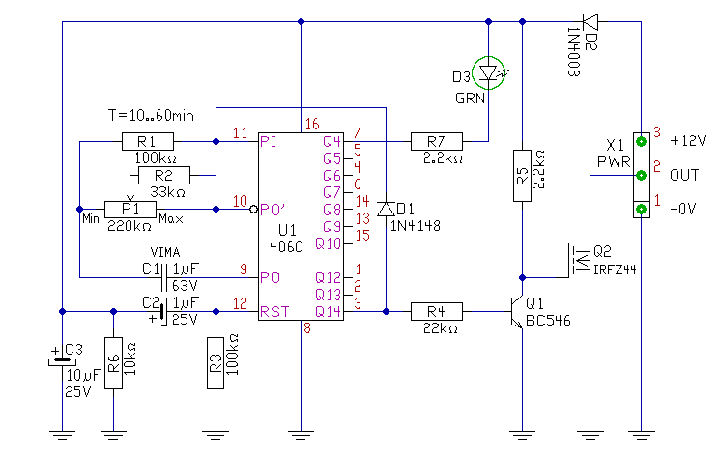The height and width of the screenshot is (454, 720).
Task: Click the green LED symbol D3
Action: click(x=488, y=72)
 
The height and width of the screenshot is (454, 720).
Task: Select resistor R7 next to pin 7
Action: click(x=437, y=141)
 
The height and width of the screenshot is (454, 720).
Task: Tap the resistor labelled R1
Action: click(x=148, y=141)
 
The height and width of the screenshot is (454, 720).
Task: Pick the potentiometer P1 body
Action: click(x=130, y=210)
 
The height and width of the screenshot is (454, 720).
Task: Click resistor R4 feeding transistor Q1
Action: click(x=437, y=312)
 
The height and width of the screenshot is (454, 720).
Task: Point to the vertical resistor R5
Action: click(x=522, y=176)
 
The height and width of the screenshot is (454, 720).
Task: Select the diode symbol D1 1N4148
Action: click(x=386, y=210)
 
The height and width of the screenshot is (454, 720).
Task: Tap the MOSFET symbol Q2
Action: click(x=580, y=261)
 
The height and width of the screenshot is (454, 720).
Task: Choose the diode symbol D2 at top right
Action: click(x=590, y=22)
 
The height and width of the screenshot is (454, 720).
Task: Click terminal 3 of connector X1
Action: click(x=641, y=141)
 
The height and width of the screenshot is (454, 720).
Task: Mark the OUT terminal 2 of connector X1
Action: click(x=641, y=176)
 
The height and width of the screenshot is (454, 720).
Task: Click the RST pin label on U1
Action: click(x=274, y=312)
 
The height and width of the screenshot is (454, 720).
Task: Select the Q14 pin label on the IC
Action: click(x=328, y=312)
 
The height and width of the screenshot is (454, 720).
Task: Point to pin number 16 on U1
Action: click(x=312, y=124)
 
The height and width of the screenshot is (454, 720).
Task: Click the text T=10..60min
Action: click(x=151, y=115)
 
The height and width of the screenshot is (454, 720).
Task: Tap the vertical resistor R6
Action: click(x=113, y=363)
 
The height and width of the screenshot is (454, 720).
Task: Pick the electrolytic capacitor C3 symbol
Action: click(x=62, y=361)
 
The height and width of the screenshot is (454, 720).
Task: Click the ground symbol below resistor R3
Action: click(x=216, y=435)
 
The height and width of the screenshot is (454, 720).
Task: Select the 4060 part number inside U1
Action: click(x=286, y=247)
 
